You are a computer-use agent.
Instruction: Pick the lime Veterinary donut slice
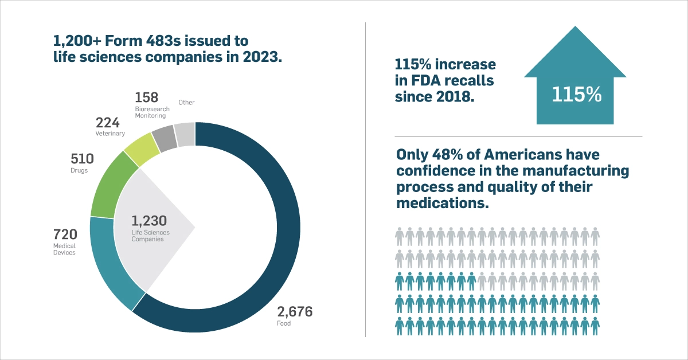pyautogui.click(x=142, y=148)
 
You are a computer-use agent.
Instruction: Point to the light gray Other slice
pyautogui.click(x=185, y=134)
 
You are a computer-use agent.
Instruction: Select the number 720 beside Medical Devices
pyautogui.click(x=65, y=235)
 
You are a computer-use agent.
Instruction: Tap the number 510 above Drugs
pyautogui.click(x=83, y=159)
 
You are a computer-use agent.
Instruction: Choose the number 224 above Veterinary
pyautogui.click(x=107, y=123)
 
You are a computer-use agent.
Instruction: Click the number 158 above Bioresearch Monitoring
pyautogui.click(x=146, y=97)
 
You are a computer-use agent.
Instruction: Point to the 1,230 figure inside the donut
pyautogui.click(x=148, y=221)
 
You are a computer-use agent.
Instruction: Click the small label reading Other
pyautogui.click(x=186, y=103)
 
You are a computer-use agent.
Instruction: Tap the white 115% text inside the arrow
pyautogui.click(x=576, y=94)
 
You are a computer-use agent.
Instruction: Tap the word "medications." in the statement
pyautogui.click(x=442, y=203)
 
